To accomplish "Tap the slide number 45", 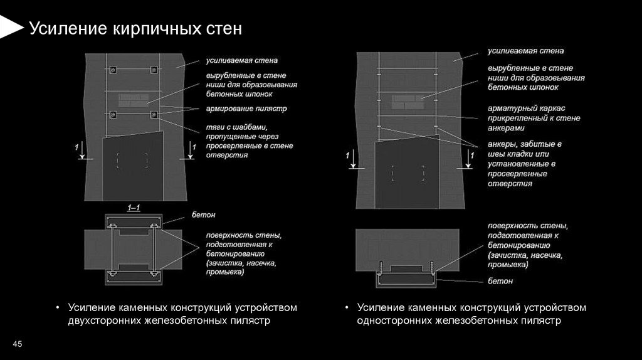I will (x=18, y=344).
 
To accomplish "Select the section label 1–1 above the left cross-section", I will (x=134, y=208).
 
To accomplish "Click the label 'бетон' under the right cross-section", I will (x=500, y=281).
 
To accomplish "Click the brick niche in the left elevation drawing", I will (x=133, y=100).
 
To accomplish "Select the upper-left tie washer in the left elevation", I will (x=113, y=69).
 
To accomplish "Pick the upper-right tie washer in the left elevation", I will (x=154, y=69).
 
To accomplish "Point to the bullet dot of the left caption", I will (x=58, y=308).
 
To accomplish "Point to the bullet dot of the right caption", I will (x=347, y=308).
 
